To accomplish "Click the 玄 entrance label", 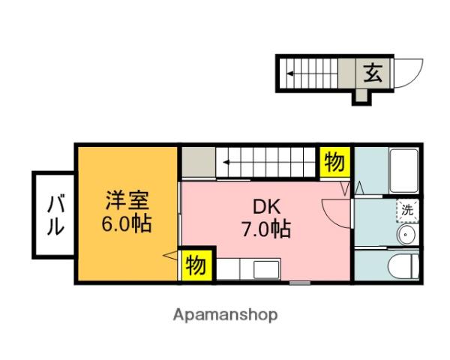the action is click(x=373, y=73).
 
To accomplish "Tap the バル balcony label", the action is click(x=55, y=215).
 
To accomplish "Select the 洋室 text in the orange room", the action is click(x=127, y=200).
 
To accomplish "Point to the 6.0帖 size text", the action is click(x=126, y=224).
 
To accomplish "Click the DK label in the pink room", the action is click(x=266, y=206).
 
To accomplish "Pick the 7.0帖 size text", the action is click(x=266, y=229).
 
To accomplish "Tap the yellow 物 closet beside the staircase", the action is click(x=335, y=162).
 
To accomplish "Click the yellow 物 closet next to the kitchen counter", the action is click(x=196, y=265).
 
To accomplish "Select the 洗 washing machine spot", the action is click(x=407, y=211).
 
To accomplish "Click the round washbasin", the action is click(x=406, y=234).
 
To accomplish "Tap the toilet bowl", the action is click(x=402, y=265).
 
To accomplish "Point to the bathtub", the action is click(x=403, y=171).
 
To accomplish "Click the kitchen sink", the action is click(x=266, y=269).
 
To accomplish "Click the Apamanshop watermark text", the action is click(x=225, y=315).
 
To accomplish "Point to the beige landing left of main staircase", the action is click(x=199, y=162).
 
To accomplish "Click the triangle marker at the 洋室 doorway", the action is click(x=170, y=256).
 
